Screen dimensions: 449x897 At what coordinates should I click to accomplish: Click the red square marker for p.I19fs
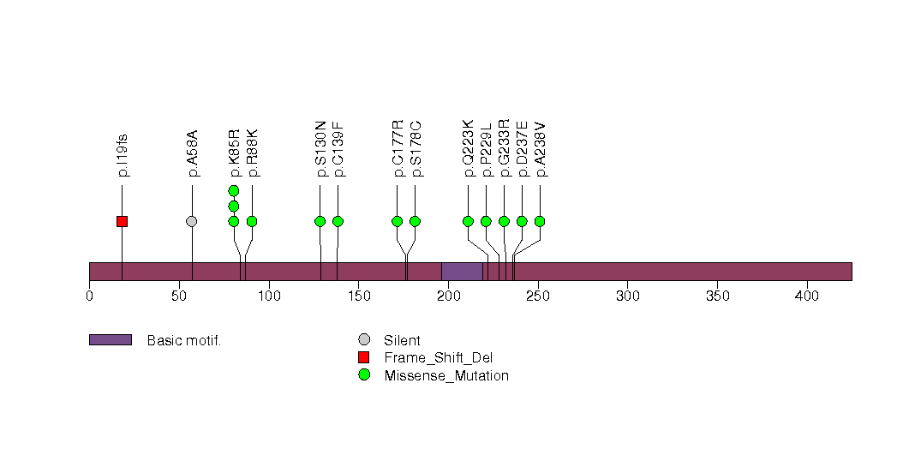(122, 221)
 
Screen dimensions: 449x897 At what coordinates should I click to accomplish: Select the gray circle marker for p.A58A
(192, 221)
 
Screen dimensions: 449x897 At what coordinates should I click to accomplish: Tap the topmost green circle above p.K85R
(233, 190)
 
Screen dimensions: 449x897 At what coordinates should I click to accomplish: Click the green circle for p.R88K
(252, 221)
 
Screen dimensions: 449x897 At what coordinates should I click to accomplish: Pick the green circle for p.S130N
(320, 221)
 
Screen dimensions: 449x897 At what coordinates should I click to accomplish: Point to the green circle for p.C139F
(338, 221)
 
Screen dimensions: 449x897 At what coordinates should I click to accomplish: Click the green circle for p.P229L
(486, 221)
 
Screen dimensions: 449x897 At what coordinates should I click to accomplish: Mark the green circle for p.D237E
(522, 221)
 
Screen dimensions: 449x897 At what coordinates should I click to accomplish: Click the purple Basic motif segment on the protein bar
(462, 272)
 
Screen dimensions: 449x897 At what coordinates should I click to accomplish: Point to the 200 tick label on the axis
(448, 296)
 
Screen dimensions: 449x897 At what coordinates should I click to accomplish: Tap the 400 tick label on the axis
(807, 296)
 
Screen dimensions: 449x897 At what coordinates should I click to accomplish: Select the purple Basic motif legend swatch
(110, 340)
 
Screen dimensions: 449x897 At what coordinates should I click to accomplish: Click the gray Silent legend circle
(364, 340)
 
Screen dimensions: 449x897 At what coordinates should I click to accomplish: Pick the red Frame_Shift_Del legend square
(364, 357)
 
